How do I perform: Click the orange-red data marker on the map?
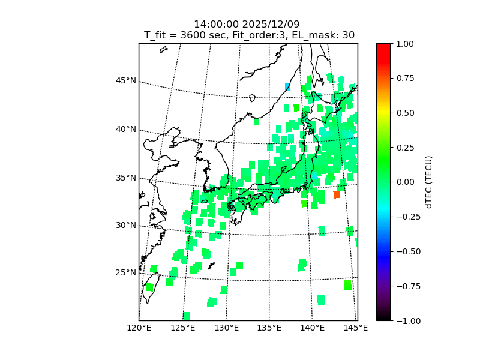click(337, 194)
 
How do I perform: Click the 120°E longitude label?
click(139, 328)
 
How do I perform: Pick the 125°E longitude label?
click(182, 328)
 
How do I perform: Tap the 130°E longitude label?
click(226, 328)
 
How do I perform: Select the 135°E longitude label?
click(269, 328)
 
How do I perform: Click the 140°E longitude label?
click(313, 328)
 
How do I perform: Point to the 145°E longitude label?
click(356, 328)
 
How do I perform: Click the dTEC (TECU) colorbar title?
click(428, 182)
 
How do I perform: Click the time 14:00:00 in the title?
click(217, 24)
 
